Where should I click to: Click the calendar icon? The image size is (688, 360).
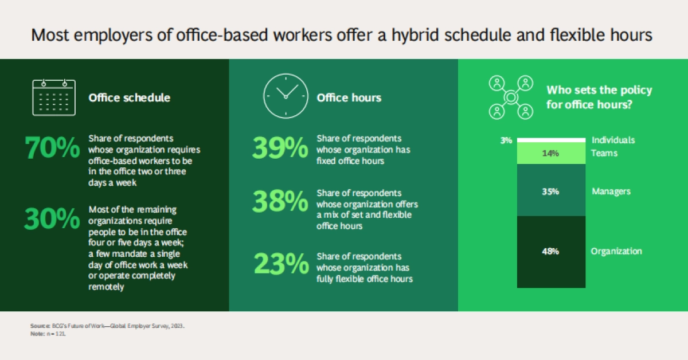(54, 97)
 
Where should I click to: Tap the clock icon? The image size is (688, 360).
(286, 96)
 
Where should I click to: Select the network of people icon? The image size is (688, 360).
(511, 97)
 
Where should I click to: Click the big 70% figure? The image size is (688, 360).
(52, 148)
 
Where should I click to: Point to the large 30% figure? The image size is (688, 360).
(52, 219)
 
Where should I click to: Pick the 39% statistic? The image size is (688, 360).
(280, 148)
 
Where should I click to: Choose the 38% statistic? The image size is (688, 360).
(280, 202)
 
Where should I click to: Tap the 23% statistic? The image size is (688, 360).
(282, 264)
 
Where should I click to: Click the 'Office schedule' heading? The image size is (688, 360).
(130, 97)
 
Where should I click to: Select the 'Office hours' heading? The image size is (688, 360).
(349, 97)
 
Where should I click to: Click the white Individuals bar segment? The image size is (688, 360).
(552, 140)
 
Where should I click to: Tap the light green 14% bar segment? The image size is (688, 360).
(552, 153)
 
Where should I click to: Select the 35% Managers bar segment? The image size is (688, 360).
(552, 190)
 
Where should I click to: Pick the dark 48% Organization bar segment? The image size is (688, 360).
(552, 252)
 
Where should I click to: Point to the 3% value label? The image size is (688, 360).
(506, 140)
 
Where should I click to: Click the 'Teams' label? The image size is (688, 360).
(604, 153)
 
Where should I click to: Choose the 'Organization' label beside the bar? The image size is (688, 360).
(616, 251)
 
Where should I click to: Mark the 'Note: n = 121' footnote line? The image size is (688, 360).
(48, 334)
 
